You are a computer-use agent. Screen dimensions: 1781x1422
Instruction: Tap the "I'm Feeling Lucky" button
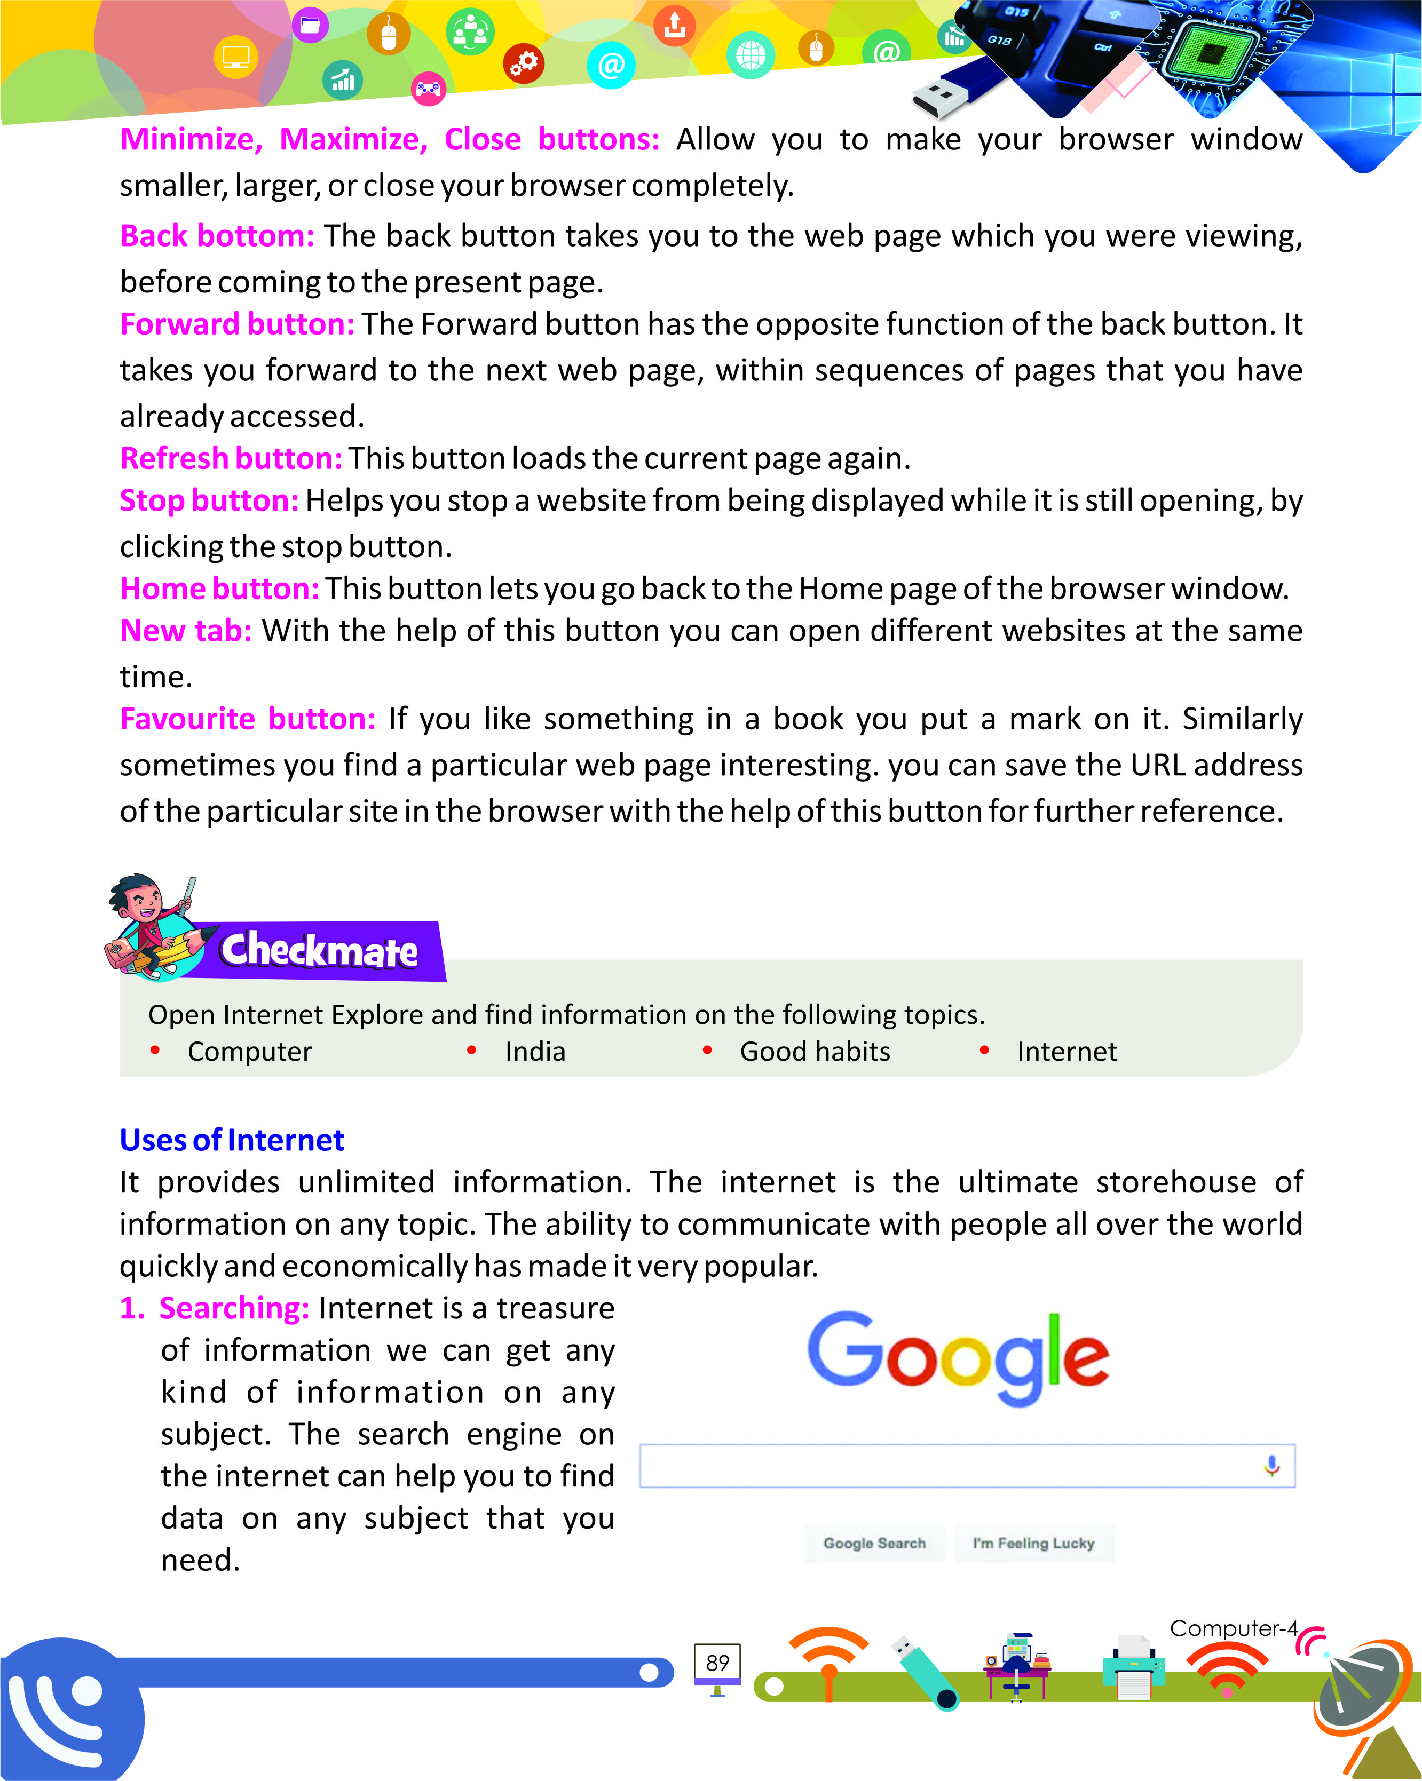[1033, 1543]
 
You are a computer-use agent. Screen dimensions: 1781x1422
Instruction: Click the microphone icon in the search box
[1271, 1466]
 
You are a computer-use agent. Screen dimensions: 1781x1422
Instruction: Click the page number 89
[717, 1662]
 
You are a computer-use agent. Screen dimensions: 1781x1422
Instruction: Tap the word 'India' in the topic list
[535, 1052]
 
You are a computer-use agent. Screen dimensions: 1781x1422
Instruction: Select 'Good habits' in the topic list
[815, 1052]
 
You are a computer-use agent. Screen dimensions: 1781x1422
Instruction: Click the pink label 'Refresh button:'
[231, 458]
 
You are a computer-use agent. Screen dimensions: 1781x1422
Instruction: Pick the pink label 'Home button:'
[219, 589]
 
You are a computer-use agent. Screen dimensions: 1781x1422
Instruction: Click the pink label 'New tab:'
[185, 631]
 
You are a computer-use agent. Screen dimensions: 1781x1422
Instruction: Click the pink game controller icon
[428, 89]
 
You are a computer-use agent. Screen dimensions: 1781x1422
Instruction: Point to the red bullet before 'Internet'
[984, 1051]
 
